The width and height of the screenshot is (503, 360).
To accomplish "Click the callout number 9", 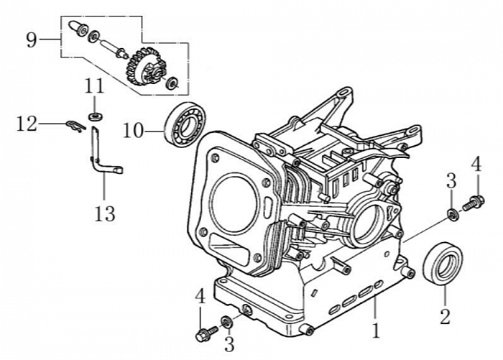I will [31, 39].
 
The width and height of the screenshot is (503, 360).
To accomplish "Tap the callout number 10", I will [134, 131].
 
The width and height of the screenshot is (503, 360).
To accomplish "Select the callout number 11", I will [94, 86].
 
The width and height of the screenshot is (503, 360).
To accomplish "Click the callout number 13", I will [105, 213].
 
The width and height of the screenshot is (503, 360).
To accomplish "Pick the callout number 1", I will [374, 332].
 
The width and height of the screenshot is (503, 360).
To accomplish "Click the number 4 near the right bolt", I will [475, 163].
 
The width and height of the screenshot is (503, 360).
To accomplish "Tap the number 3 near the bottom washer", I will [229, 343].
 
